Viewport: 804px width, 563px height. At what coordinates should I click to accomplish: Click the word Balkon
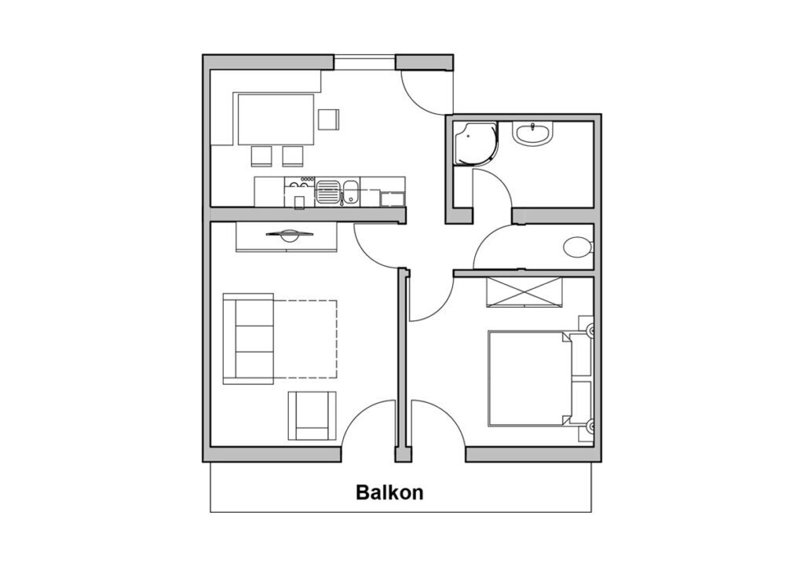pos(389,492)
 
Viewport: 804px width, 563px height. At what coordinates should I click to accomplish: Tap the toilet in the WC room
pos(579,247)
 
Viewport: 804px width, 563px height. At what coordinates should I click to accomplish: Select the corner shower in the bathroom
pos(475,143)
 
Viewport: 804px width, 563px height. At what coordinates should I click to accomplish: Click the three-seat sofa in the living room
pos(248,338)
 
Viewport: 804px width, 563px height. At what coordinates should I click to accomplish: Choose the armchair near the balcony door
pos(312,416)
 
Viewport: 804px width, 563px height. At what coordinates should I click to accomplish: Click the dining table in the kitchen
pos(276,119)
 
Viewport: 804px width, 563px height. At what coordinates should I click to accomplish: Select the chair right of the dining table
pos(328,119)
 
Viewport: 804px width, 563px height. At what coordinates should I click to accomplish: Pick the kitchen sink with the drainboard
pos(338,192)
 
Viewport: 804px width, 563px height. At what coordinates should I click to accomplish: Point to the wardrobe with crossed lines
pos(524,292)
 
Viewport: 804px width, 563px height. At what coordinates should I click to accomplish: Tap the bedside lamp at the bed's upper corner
pos(590,331)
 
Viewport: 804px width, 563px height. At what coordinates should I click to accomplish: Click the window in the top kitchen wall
pos(364,63)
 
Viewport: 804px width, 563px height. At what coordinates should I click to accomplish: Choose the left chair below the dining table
pos(261,156)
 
